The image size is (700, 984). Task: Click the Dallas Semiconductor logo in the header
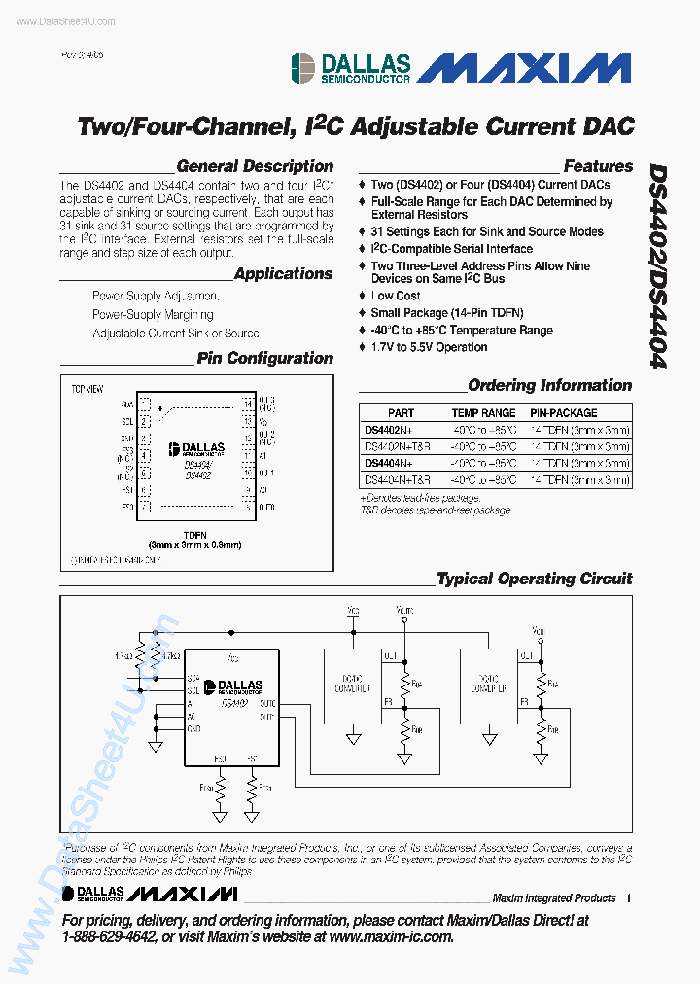[351, 68]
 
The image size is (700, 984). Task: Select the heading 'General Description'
[255, 166]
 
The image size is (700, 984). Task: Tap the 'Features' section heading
[598, 166]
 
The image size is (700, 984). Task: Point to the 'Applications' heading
[283, 274]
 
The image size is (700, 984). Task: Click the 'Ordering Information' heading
[549, 385]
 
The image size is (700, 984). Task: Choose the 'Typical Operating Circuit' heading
[534, 579]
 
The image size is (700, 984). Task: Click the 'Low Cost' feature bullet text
[396, 296]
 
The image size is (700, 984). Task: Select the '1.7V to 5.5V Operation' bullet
[429, 347]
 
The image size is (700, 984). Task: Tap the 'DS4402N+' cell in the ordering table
[388, 430]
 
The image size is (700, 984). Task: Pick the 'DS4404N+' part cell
[388, 464]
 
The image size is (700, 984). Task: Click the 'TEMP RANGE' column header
[483, 413]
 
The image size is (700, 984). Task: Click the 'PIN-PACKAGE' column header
[564, 413]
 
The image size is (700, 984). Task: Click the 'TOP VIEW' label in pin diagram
[87, 388]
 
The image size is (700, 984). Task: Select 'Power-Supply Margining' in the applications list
[153, 315]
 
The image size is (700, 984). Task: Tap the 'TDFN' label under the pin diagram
[194, 534]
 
